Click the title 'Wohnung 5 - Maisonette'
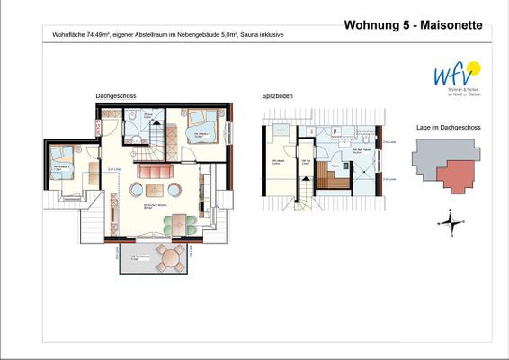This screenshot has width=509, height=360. click(413, 24)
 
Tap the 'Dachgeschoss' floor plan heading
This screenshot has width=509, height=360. click(116, 95)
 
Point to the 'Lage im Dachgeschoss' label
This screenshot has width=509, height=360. click(448, 128)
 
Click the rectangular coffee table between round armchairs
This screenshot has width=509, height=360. click(155, 190)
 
